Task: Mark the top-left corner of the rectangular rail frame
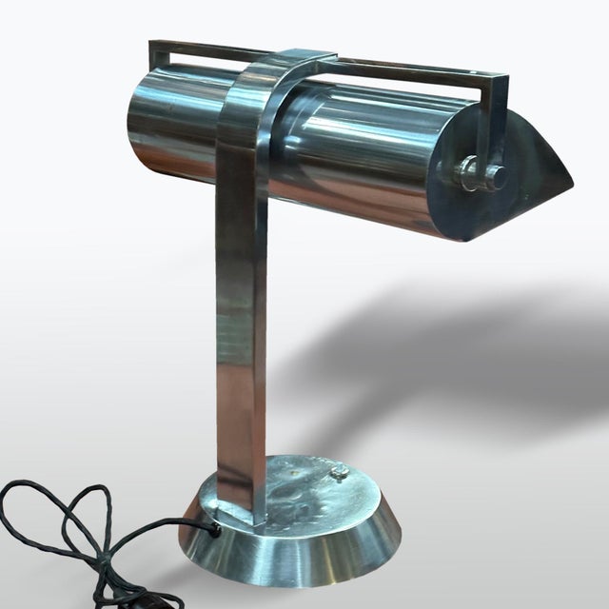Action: point(154,44)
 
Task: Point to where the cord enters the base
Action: point(215,530)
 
